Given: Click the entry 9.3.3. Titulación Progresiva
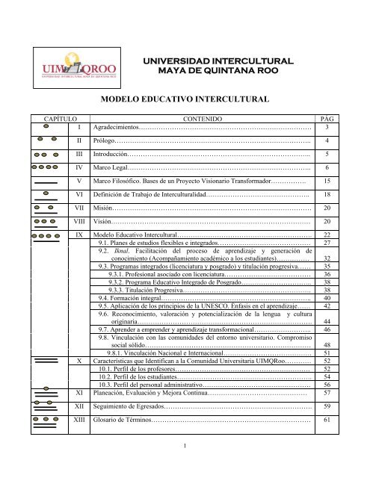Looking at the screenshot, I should click(145, 291).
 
